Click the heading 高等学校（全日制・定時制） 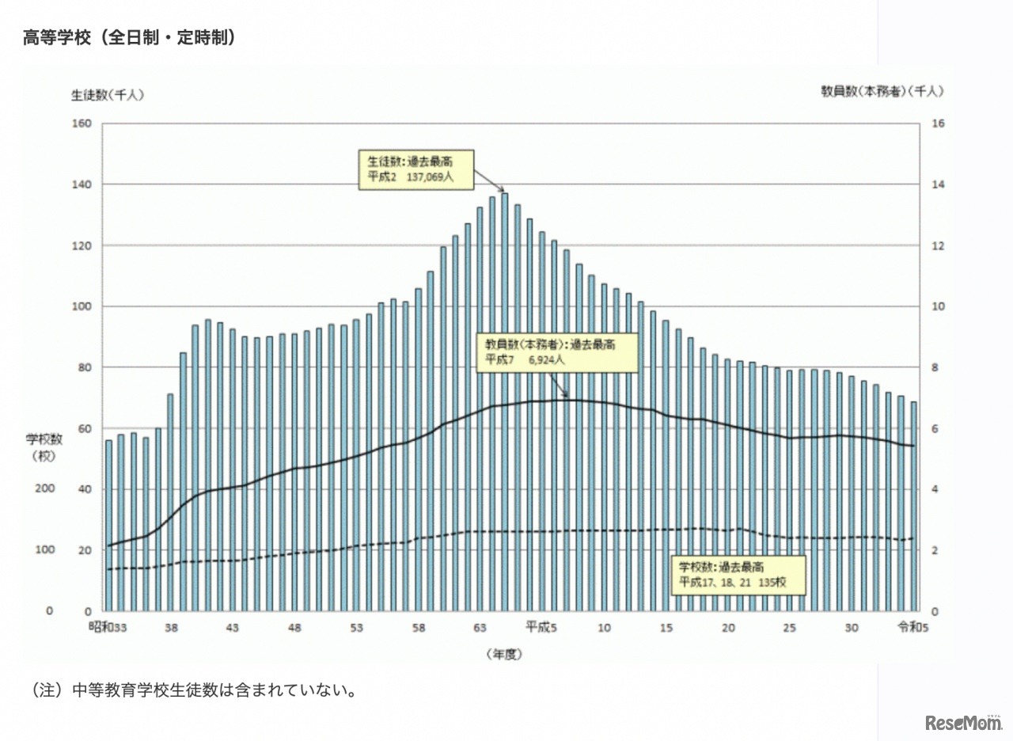pos(130,37)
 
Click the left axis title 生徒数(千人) pos(108,93)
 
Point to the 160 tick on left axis pos(82,123)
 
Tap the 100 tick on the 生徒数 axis pos(82,306)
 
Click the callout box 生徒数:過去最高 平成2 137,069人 pos(416,169)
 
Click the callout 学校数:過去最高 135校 pos(739,575)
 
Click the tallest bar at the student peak pos(504,401)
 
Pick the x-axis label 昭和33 pos(108,628)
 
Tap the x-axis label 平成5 pos(542,628)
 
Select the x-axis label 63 pos(480,628)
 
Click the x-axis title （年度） pos(505,655)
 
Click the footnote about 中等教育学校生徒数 pos(194,690)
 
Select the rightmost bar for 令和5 pos(913,507)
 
